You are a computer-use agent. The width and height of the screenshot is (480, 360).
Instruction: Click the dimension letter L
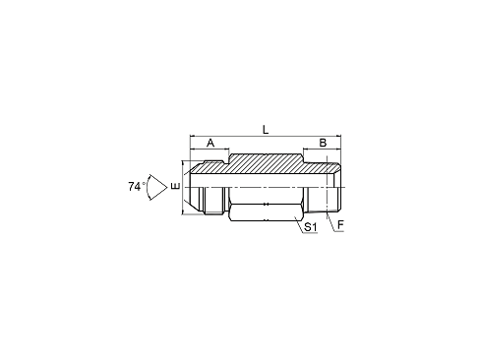coord(266,129)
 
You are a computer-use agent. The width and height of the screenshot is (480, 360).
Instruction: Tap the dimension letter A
coord(210,143)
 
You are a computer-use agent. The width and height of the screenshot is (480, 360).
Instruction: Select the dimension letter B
coord(323,143)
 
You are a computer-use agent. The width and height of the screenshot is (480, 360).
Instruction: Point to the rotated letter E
coord(175,187)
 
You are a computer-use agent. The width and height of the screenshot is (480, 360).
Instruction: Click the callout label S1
coord(310,227)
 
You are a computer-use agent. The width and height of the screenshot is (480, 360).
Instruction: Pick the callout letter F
coord(340,225)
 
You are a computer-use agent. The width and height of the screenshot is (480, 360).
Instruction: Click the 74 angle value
coord(135,187)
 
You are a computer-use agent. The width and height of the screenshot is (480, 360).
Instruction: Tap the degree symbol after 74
coord(144,183)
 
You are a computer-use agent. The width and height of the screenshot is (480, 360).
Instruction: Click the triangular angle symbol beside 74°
coord(157,187)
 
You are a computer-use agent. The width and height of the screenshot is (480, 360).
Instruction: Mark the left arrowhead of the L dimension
coord(193,136)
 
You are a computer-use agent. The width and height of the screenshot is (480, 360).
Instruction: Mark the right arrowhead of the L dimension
coord(338,136)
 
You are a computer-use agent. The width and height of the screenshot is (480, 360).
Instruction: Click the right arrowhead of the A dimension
coord(226,150)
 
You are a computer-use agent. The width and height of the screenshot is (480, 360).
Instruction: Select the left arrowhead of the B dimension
coord(306,150)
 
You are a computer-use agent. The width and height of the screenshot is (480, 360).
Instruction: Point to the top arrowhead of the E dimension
coord(182,163)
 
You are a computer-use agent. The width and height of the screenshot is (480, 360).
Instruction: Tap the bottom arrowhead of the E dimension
coord(182,212)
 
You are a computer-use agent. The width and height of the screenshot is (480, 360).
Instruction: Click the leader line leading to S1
coord(298,224)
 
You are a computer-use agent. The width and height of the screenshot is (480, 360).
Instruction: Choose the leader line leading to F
coord(330,222)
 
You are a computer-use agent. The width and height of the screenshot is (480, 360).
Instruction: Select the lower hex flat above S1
coord(266,212)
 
